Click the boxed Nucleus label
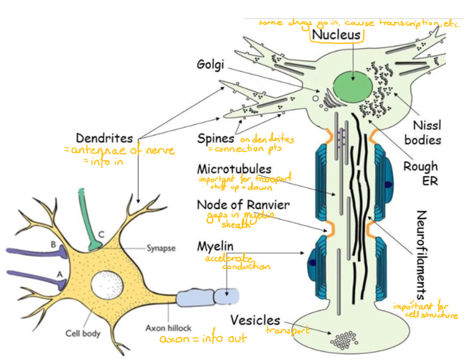[x=337, y=35]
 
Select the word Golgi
[x=211, y=64]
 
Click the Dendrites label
[x=105, y=138]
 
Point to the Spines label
[x=217, y=138]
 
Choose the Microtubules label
[x=234, y=169]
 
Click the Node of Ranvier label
[x=243, y=204]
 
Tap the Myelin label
[x=215, y=246]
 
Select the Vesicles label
[x=255, y=320]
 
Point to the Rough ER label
[x=420, y=174]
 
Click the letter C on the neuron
[x=101, y=234]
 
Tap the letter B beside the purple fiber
[x=53, y=244]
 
